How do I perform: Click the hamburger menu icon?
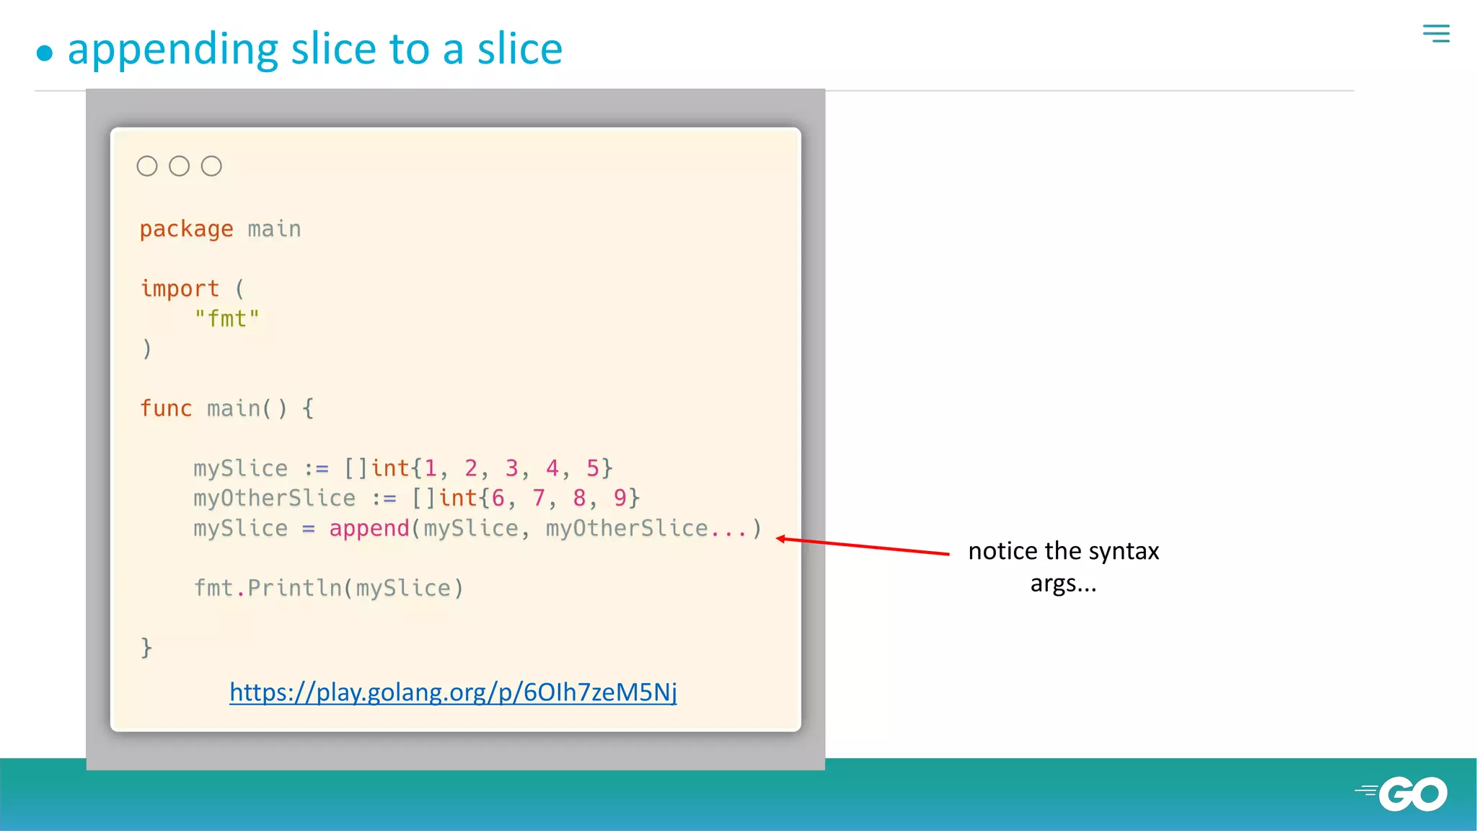1436,33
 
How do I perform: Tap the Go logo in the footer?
1403,793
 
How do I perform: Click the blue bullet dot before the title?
45,53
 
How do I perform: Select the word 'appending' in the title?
172,50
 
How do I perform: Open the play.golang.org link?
453,692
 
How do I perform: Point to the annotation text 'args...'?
1063,583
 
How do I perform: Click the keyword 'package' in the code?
186,229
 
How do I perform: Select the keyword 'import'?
180,289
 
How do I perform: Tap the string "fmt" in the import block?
226,319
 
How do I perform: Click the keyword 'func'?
166,408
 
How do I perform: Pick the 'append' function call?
369,528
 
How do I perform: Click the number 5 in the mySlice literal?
592,468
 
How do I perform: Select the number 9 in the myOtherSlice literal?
620,498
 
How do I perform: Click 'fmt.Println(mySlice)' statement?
328,588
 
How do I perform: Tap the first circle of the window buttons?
147,166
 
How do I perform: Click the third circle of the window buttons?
211,166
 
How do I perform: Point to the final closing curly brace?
146,647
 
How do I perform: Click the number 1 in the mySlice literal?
431,468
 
